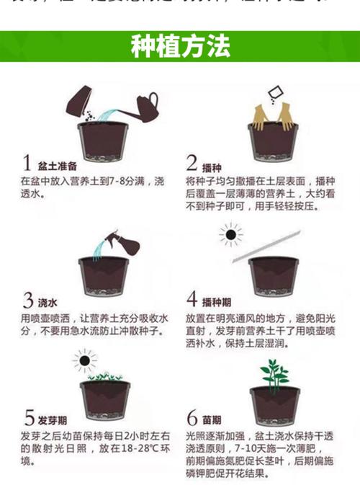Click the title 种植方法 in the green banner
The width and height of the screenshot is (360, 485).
(x=180, y=48)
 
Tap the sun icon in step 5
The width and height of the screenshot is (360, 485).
(x=85, y=360)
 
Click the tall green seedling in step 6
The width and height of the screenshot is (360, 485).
(x=274, y=373)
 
